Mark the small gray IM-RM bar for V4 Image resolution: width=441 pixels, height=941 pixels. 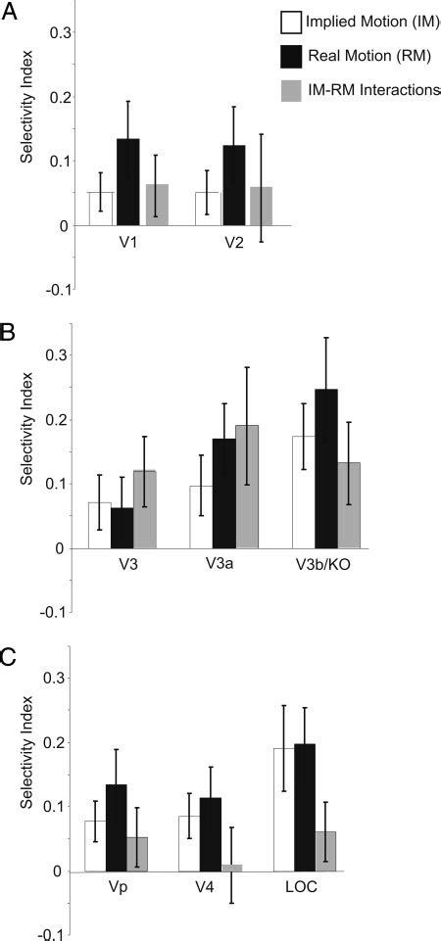click(231, 868)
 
